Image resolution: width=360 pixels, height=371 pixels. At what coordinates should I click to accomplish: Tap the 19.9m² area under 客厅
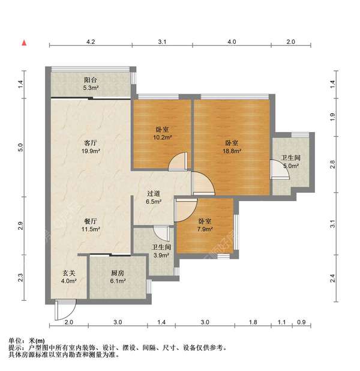tap(91, 151)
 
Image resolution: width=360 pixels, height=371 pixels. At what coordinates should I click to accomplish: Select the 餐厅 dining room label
tap(91, 220)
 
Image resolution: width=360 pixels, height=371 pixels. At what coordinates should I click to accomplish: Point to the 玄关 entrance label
tap(69, 273)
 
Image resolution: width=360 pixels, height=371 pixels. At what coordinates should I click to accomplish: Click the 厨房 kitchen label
tap(117, 273)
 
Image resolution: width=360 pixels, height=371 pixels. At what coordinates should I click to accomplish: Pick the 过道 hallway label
tap(154, 194)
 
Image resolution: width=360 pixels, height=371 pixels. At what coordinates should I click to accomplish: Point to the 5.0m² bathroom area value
tap(292, 167)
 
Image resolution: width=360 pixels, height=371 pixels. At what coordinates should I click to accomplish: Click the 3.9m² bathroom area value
tap(161, 255)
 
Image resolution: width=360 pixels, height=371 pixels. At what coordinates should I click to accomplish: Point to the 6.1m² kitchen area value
tap(117, 282)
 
